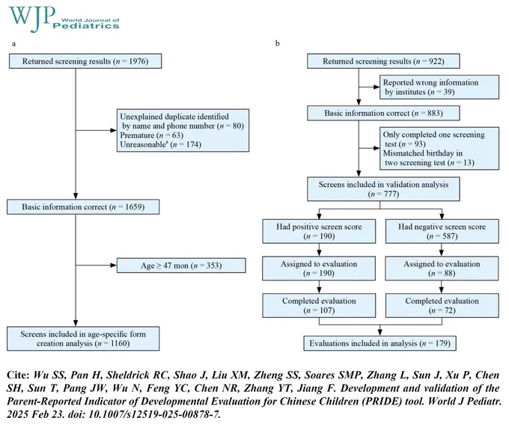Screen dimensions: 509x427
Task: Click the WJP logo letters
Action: [31, 17]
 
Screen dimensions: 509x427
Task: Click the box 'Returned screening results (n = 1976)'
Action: [85, 61]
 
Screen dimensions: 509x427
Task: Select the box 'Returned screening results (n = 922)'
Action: [383, 61]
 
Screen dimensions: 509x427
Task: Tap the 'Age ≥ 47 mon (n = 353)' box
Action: [181, 265]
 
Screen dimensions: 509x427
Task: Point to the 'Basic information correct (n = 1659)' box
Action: [83, 207]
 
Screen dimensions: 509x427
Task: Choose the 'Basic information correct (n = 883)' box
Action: [383, 113]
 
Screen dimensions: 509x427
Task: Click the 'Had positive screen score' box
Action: [319, 231]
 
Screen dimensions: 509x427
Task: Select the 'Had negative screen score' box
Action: [442, 231]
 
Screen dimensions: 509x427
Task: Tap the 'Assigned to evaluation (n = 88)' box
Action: [442, 268]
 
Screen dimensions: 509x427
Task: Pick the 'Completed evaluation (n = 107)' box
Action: [319, 305]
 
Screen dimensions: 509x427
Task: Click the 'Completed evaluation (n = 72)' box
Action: [442, 305]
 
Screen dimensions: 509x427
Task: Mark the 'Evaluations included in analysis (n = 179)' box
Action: [380, 343]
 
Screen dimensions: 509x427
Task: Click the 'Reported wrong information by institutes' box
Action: [439, 87]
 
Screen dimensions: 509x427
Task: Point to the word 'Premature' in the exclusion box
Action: [137, 135]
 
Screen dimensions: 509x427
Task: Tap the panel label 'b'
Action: [278, 43]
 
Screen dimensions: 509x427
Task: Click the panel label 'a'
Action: [13, 44]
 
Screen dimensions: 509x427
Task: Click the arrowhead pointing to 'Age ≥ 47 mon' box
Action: [114, 265]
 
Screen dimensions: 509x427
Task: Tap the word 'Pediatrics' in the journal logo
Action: [86, 26]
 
